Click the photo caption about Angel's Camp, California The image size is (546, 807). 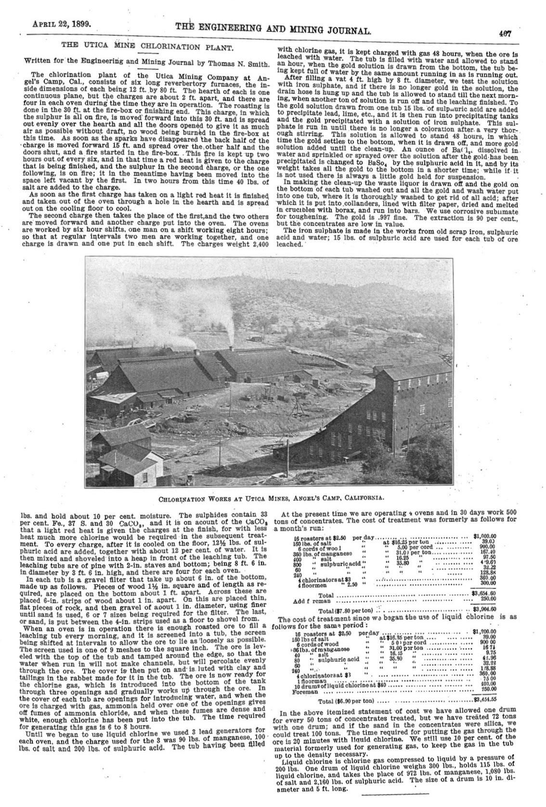pyautogui.click(x=273, y=496)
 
